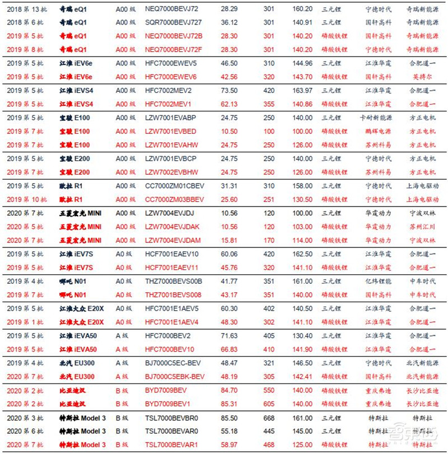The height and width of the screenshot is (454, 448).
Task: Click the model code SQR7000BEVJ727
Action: pos(173,22)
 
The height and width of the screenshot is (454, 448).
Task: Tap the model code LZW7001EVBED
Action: pos(170,132)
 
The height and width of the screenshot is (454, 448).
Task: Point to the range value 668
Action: pos(269,418)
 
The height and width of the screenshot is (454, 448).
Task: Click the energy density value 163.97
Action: pos(302,91)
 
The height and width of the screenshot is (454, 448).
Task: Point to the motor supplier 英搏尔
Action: pos(420,77)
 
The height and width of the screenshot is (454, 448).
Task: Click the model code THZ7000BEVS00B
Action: pos(174,281)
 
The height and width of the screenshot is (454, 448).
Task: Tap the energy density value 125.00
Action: pos(302,444)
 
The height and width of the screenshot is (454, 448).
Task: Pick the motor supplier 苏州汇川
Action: pos(420,227)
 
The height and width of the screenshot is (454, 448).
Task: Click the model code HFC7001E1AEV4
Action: pos(171,322)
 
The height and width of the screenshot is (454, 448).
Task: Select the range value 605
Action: pos(269,404)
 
